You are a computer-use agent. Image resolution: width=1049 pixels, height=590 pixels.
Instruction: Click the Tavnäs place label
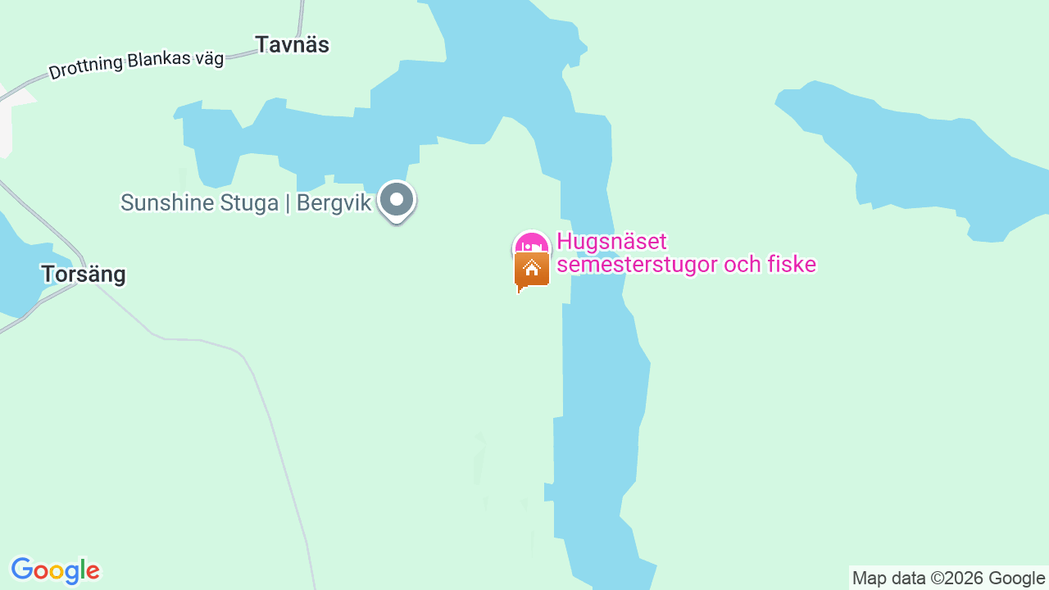[292, 45]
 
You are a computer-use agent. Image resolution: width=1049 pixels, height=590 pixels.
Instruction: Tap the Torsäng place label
[84, 275]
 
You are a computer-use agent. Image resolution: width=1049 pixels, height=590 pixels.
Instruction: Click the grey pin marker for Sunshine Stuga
[397, 199]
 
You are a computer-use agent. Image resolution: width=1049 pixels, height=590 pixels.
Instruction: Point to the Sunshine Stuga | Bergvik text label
[246, 202]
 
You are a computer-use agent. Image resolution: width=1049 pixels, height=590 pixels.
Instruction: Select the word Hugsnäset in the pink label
[611, 242]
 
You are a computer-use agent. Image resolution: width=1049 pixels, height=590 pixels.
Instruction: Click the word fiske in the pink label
[792, 265]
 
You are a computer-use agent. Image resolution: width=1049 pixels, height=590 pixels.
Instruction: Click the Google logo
[55, 570]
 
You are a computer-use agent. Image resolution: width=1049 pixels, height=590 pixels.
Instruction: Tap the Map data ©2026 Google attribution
[948, 578]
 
